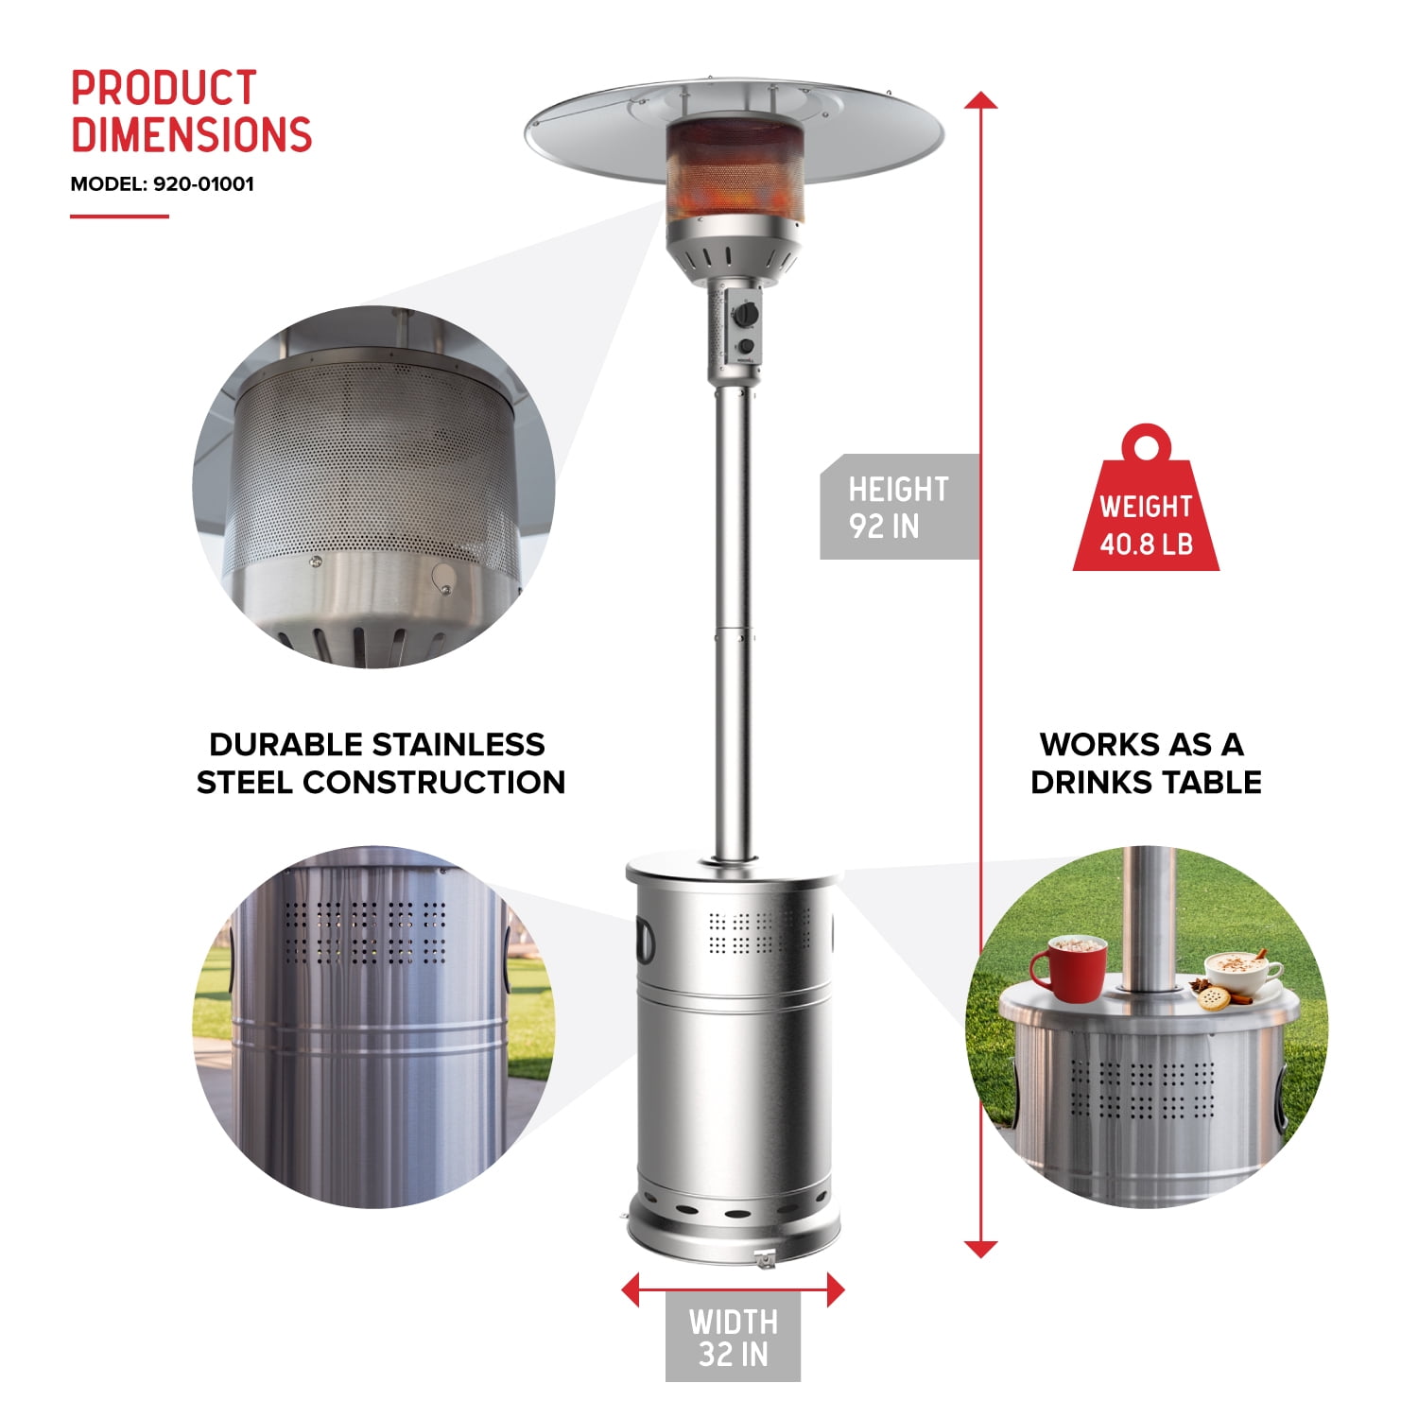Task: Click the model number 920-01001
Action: (203, 183)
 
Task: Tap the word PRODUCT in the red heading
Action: (164, 89)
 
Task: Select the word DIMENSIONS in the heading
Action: (191, 134)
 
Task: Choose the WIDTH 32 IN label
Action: (733, 1337)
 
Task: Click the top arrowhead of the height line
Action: (981, 100)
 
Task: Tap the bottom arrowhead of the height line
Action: (981, 1249)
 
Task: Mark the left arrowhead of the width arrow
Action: (631, 1289)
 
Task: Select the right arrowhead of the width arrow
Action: (835, 1289)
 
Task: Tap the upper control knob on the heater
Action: (747, 313)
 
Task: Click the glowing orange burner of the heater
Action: (735, 175)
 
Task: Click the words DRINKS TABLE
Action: (1146, 783)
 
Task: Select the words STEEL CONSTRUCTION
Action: (380, 783)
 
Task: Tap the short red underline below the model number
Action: (119, 216)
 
